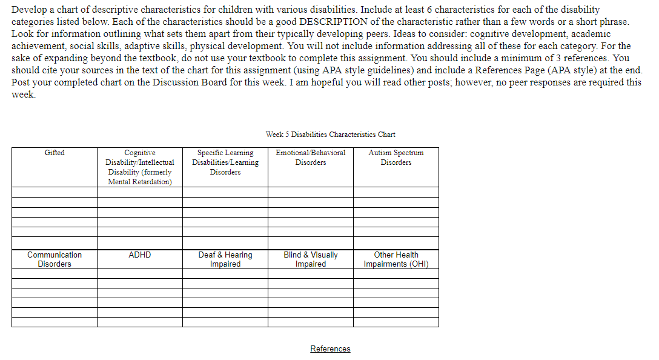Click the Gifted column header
[55, 153]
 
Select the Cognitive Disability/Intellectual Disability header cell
[140, 167]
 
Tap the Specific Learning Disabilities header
[225, 162]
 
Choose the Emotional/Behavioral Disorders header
[311, 158]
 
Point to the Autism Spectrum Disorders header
[396, 158]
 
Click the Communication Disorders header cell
[55, 259]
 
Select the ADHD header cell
[140, 255]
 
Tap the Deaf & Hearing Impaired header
[225, 259]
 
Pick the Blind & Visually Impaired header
[311, 259]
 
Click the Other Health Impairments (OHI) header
[396, 259]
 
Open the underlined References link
[330, 348]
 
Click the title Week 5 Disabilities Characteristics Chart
[330, 135]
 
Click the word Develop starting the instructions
[28, 10]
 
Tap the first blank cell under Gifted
[55, 192]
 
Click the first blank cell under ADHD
[140, 273]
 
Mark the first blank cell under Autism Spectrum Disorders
[396, 192]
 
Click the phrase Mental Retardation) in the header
[140, 182]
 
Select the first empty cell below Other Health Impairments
[396, 273]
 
